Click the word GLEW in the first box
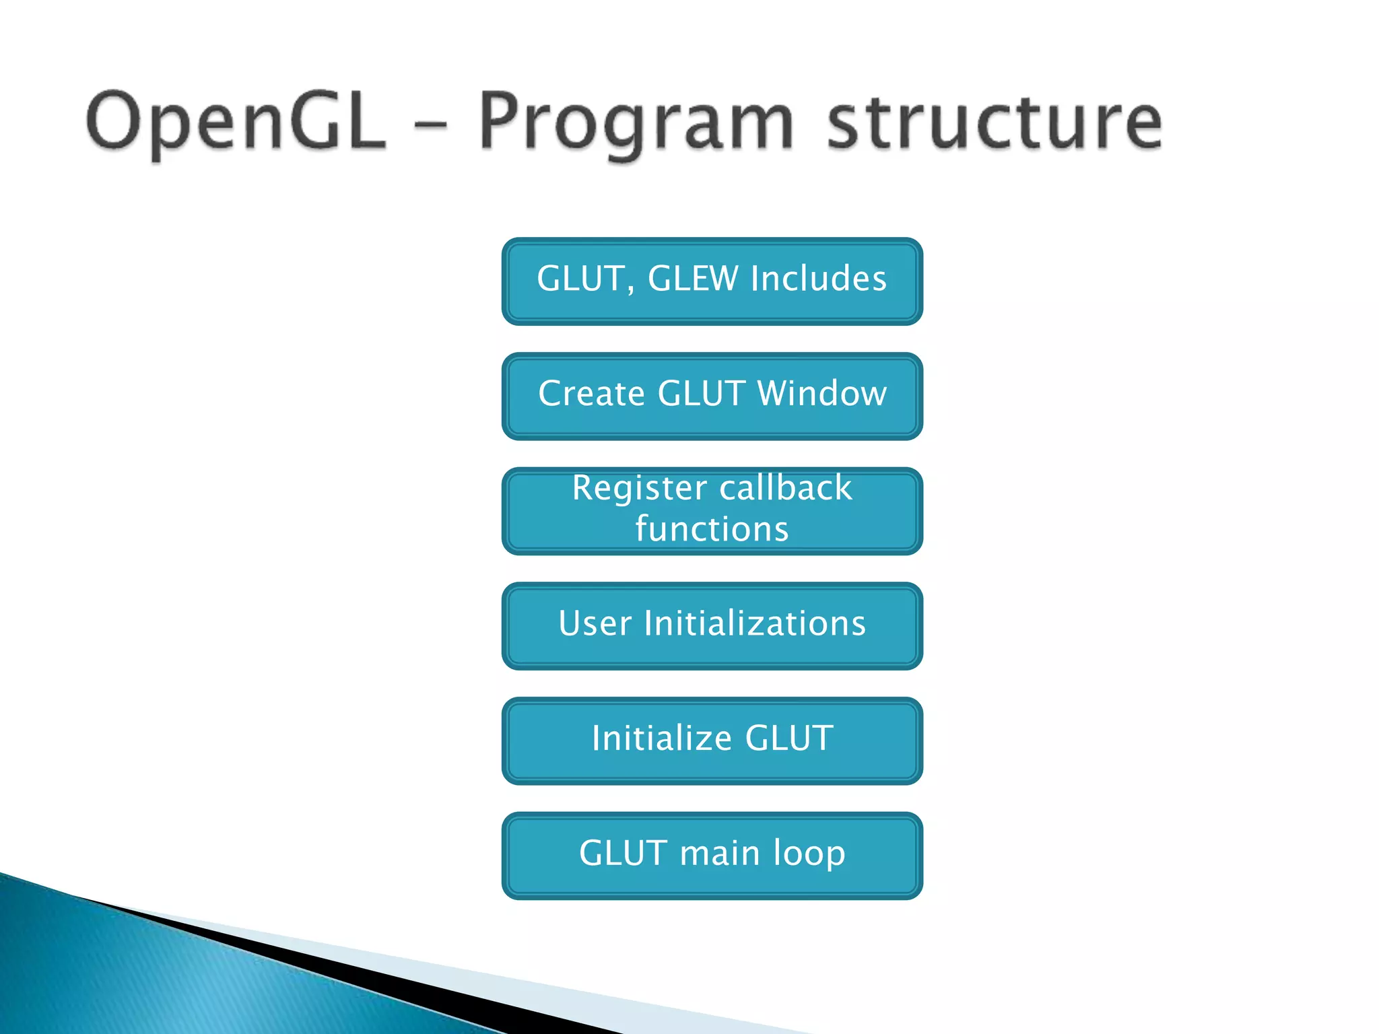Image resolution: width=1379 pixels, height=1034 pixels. (x=693, y=279)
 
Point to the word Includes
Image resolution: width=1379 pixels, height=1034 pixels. (x=819, y=279)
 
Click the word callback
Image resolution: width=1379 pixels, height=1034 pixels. (x=786, y=487)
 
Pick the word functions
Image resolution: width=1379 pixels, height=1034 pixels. (x=712, y=529)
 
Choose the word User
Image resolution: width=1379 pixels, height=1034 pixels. (x=595, y=623)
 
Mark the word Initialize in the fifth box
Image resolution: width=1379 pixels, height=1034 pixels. (x=661, y=738)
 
